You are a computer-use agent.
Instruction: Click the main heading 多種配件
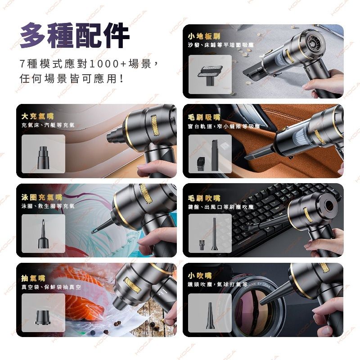[75, 36]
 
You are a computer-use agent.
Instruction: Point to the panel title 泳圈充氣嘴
[41, 197]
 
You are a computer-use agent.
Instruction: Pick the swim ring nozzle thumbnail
[43, 233]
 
